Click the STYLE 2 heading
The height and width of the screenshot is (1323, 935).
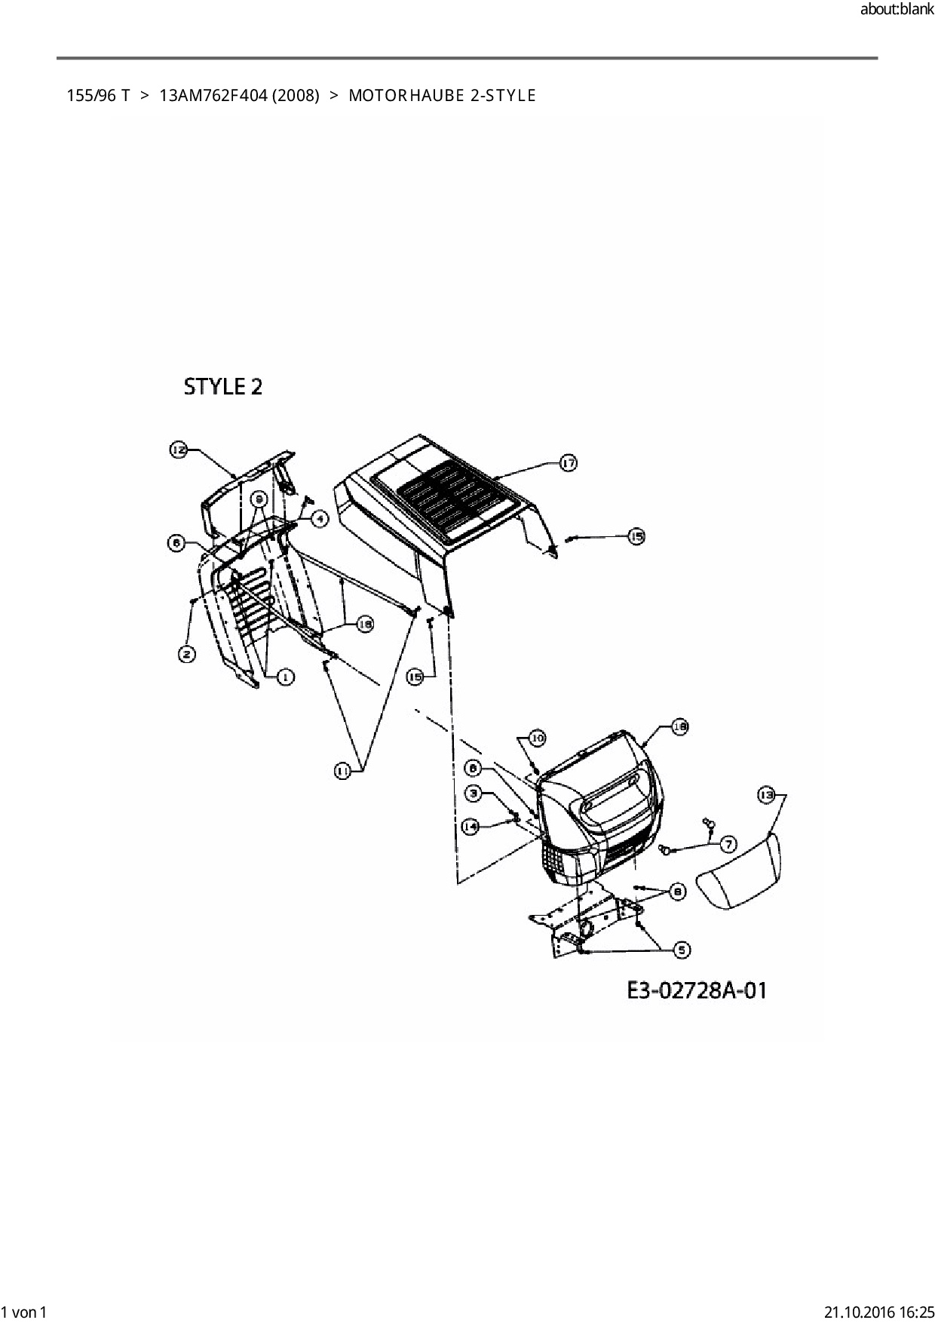coord(223,387)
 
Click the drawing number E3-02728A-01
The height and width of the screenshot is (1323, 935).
coord(697,990)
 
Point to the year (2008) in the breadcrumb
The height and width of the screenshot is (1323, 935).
coord(295,96)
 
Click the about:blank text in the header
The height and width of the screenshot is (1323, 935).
coord(897,11)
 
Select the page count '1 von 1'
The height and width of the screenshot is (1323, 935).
coord(24,1312)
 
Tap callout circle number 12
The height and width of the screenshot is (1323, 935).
coord(178,450)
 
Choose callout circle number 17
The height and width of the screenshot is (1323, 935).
coord(568,463)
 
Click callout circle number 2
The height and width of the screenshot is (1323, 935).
coord(187,654)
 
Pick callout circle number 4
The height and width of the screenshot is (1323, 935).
coord(320,519)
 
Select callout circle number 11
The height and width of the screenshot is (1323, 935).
coord(342,770)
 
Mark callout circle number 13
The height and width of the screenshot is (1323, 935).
coord(766,795)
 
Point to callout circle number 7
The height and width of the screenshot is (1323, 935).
coord(728,843)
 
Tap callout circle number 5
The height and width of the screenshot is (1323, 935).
coord(681,950)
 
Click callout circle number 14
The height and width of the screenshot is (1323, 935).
coord(471,827)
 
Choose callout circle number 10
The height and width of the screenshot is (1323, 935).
coord(536,738)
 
